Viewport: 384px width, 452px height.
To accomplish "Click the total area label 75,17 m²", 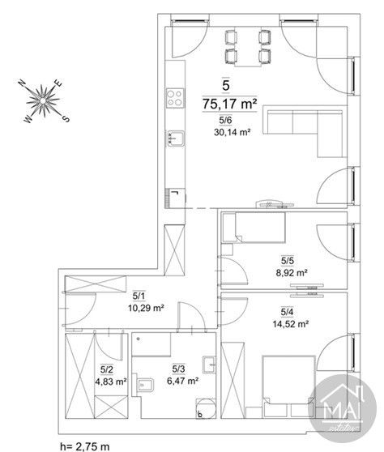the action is [x=230, y=104].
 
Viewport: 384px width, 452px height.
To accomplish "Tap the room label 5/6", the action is [x=225, y=120].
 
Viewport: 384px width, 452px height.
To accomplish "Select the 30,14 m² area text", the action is [x=232, y=132].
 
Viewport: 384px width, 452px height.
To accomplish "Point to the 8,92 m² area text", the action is [x=292, y=273].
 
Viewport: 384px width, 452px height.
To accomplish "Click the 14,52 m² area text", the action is [x=291, y=324].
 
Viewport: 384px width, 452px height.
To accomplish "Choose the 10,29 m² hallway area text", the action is [x=146, y=308].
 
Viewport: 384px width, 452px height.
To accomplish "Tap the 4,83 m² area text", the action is [x=111, y=382].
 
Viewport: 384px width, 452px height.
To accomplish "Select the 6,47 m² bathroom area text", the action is [x=183, y=381].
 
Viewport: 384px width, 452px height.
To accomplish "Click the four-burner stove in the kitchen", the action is [x=175, y=98].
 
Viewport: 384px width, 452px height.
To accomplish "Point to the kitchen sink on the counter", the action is [x=176, y=139].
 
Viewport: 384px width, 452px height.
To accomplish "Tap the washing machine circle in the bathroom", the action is [x=206, y=408].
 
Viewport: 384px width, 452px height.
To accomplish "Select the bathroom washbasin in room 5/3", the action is [x=209, y=365].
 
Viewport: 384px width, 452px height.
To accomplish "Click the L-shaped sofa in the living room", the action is [x=305, y=127].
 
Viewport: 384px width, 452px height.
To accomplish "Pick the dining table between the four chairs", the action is [x=248, y=47].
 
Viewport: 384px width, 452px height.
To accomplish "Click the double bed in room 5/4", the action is [x=289, y=386].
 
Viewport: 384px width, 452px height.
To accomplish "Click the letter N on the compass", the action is [x=22, y=83].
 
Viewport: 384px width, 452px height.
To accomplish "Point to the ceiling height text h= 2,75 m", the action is [x=85, y=446].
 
